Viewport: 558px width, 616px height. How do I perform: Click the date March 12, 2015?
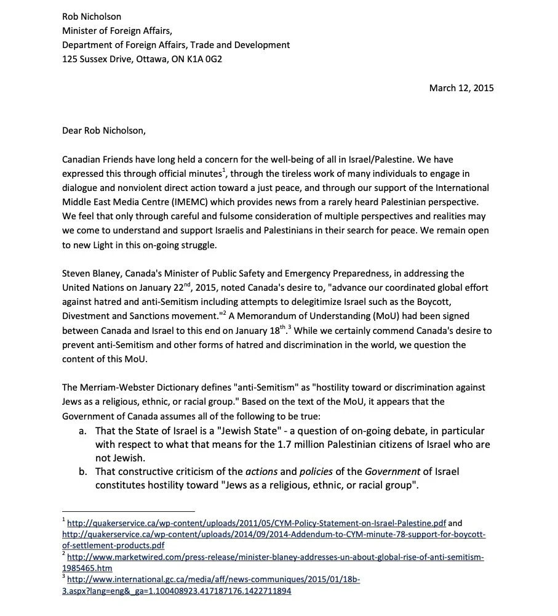point(461,87)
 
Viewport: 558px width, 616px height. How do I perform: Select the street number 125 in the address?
point(70,60)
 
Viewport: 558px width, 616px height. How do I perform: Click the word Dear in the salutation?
point(73,130)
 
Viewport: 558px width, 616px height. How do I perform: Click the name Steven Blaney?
point(90,273)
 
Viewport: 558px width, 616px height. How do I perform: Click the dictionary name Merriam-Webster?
point(111,387)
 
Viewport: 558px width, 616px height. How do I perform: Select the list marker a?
point(82,430)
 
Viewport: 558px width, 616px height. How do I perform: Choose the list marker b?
point(82,471)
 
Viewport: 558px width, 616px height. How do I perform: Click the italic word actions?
point(262,471)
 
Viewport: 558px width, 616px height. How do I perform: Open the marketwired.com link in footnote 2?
point(276,557)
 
